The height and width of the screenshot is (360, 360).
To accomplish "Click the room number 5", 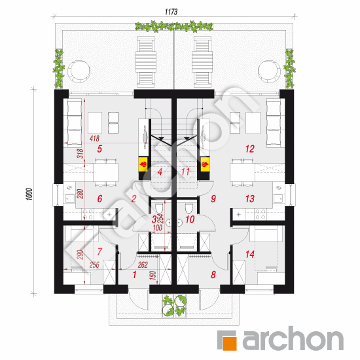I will [99, 149].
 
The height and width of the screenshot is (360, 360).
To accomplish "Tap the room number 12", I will [249, 149].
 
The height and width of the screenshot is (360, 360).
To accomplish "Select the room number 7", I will [100, 251].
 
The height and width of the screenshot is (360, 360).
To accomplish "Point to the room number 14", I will [249, 254].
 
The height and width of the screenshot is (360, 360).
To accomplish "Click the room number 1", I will [135, 276].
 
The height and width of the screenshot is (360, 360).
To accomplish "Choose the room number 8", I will [213, 276].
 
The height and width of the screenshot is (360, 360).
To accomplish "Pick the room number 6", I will [99, 199].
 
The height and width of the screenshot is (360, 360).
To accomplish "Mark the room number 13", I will [249, 199].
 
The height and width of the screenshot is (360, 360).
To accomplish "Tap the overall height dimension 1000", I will [29, 194].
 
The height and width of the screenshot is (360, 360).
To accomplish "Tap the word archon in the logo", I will [292, 340].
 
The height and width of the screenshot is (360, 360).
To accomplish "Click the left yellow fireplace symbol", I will [141, 165].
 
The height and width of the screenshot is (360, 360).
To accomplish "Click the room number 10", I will [190, 220].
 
